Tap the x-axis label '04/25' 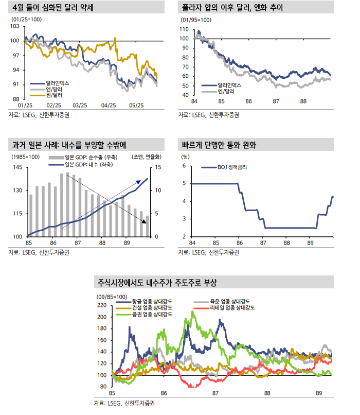(109, 105)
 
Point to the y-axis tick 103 (15, 26)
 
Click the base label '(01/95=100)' (195, 20)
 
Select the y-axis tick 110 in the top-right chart (184, 30)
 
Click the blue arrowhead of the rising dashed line (138, 182)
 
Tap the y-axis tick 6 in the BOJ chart (184, 166)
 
